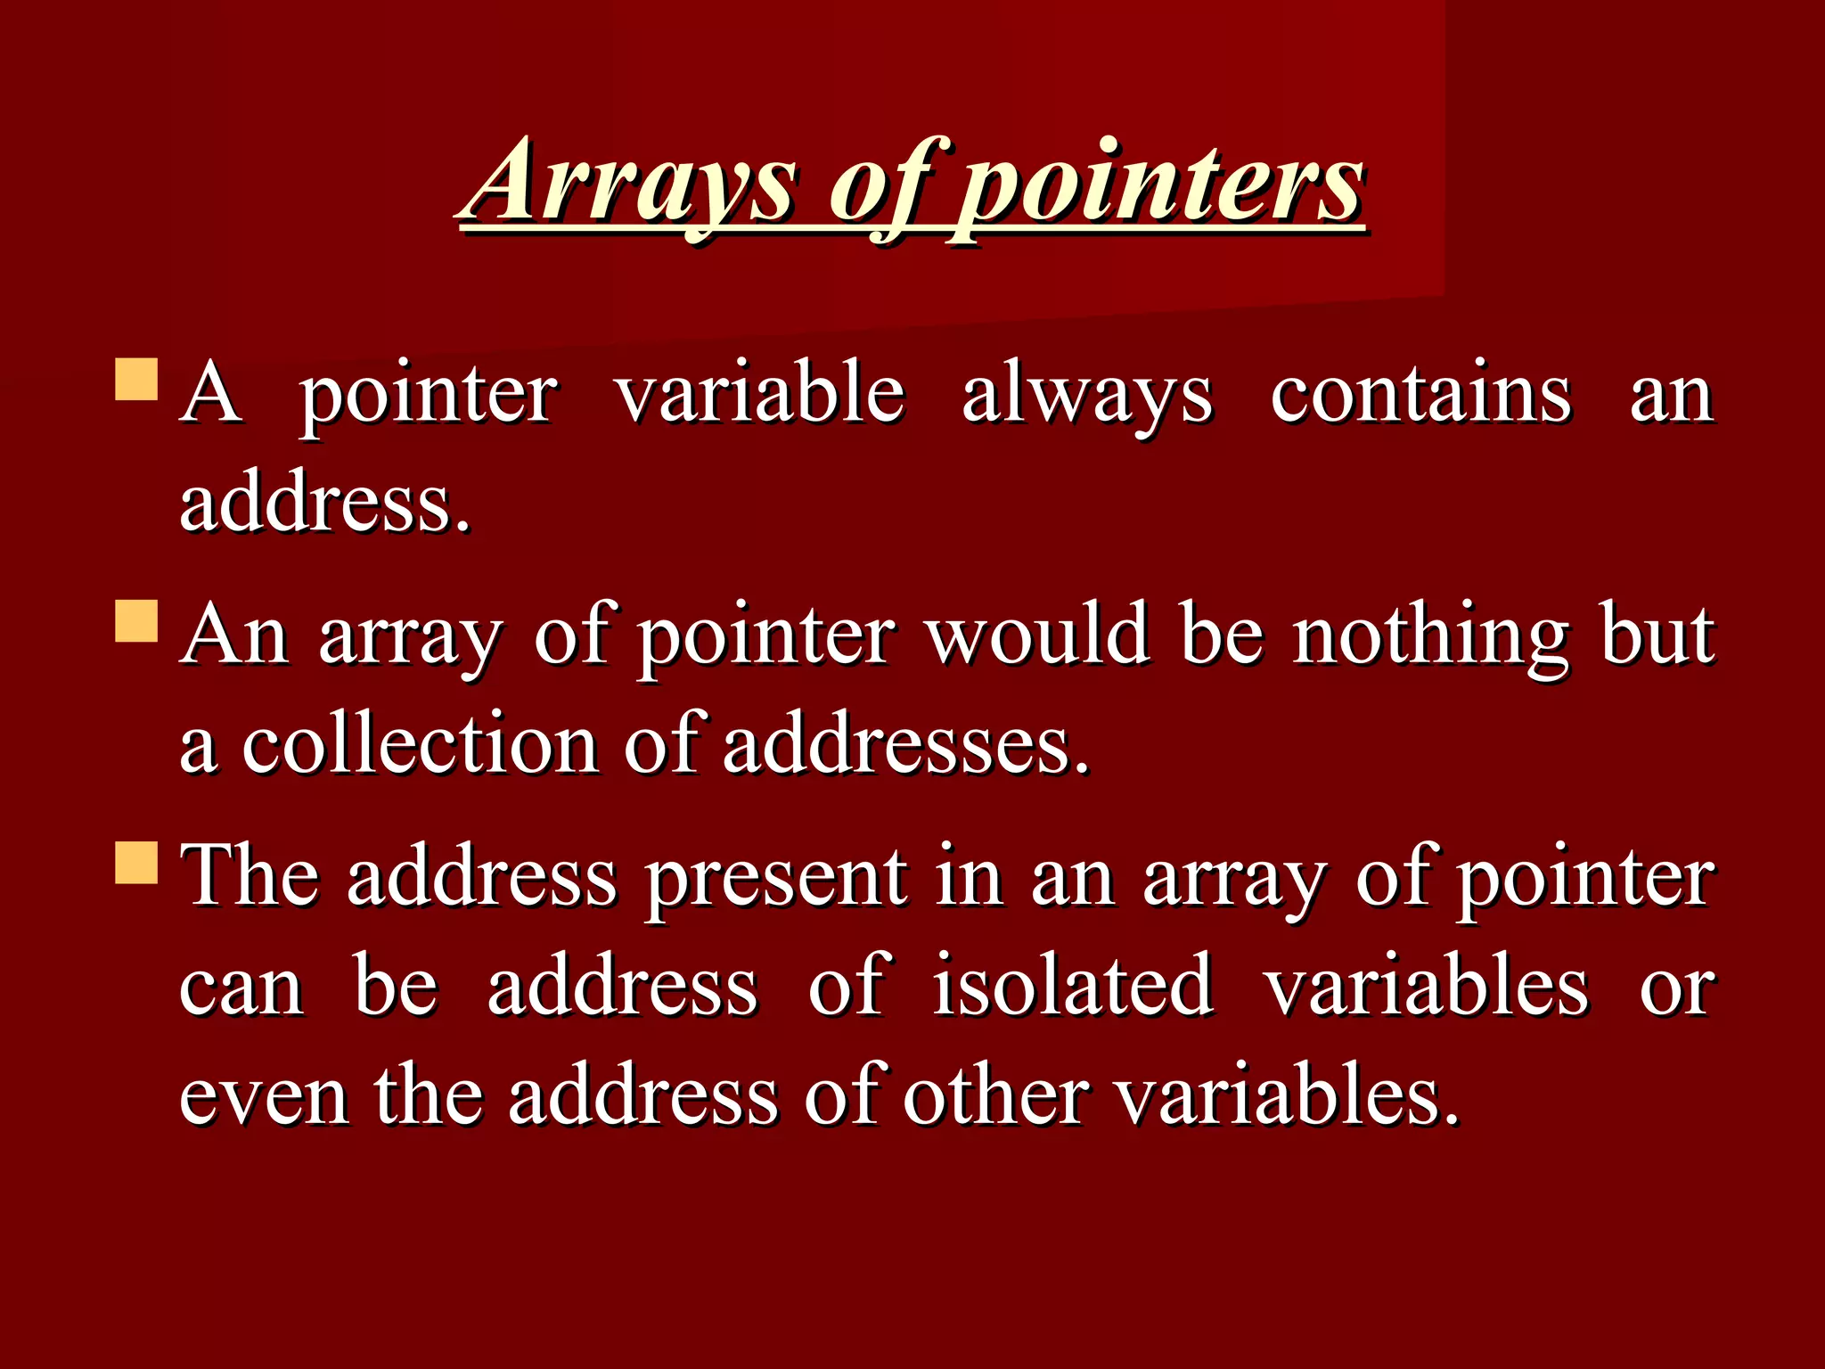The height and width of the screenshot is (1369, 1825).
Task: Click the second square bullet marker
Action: pyautogui.click(x=136, y=620)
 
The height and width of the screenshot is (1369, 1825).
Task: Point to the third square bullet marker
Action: pyautogui.click(x=136, y=862)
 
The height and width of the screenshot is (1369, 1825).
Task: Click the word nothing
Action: pyautogui.click(x=1429, y=636)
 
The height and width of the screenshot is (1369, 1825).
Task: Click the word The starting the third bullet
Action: pyautogui.click(x=250, y=877)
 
